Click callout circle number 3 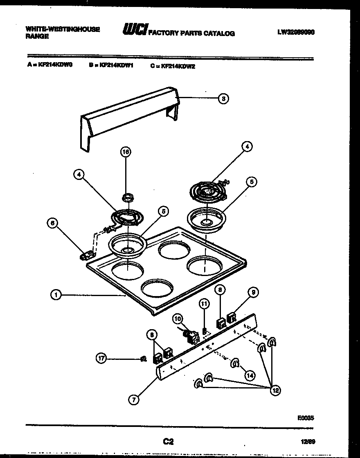(223, 98)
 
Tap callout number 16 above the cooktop (126, 152)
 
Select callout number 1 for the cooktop (56, 294)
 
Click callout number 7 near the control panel (134, 400)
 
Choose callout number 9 (253, 292)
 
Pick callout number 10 (178, 318)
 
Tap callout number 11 (204, 303)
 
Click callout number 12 (275, 391)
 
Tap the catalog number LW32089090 (295, 32)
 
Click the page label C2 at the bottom (168, 441)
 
